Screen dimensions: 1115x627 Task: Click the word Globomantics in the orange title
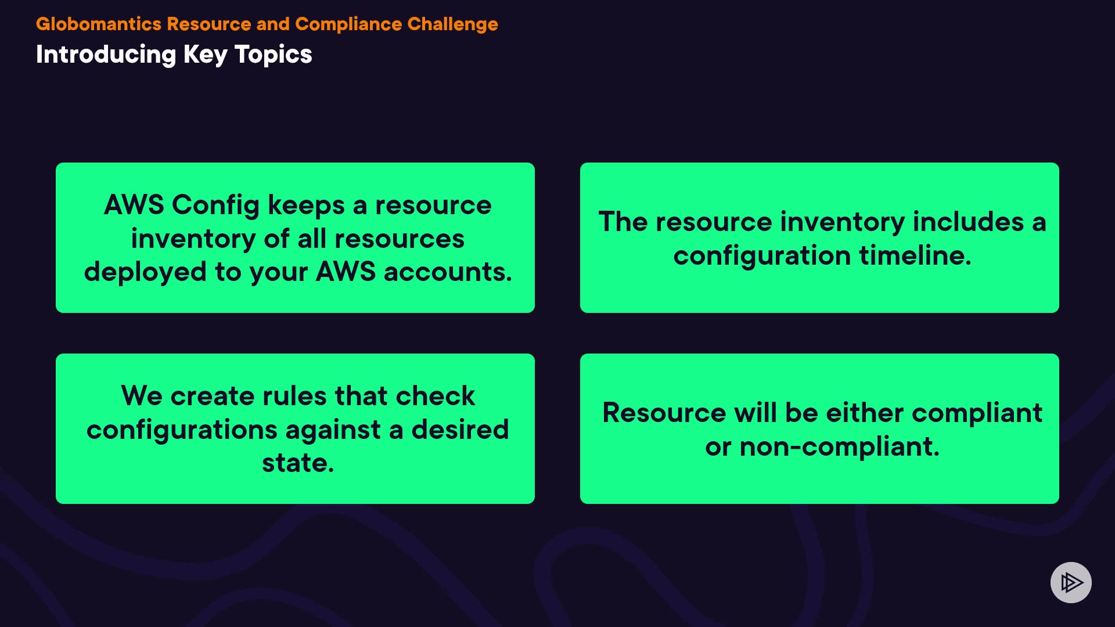(99, 24)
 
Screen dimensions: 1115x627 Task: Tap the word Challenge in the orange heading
(452, 24)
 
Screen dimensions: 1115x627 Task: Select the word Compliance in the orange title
(348, 24)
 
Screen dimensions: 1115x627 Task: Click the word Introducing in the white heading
(106, 55)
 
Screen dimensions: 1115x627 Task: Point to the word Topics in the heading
(273, 55)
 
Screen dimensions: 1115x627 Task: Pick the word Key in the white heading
(206, 55)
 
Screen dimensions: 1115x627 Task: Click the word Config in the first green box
(215, 206)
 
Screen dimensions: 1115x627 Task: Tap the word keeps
(306, 206)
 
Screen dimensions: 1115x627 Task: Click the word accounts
(448, 272)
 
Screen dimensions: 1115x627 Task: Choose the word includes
(968, 222)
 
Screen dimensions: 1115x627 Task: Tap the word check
(436, 396)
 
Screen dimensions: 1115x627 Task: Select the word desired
(460, 430)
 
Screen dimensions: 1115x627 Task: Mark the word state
(298, 463)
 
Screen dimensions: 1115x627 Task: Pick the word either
(865, 413)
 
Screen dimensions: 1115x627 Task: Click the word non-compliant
(840, 447)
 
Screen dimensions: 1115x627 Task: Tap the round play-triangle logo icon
(1071, 582)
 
